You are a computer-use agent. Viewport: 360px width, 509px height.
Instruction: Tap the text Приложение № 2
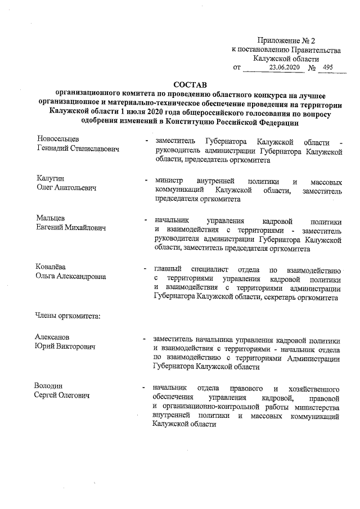[287, 40]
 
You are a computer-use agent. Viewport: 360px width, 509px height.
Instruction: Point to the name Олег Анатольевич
[66, 188]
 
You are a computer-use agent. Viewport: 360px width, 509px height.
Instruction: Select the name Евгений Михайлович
[71, 228]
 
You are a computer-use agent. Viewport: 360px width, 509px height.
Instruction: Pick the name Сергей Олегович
[62, 397]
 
